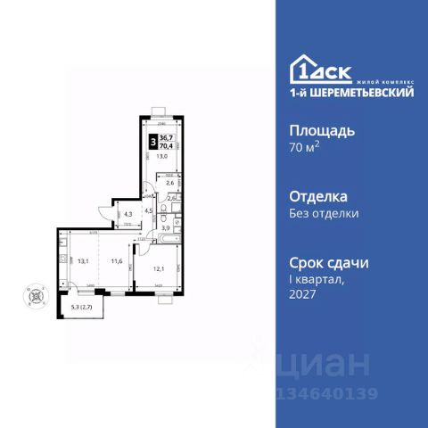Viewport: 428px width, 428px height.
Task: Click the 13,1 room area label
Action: point(82,261)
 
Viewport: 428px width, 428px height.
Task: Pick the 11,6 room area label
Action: point(116,261)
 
